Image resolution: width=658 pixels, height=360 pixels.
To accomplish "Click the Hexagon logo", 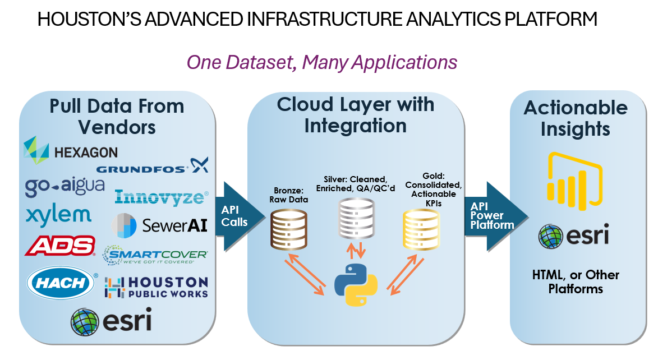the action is (x=71, y=150).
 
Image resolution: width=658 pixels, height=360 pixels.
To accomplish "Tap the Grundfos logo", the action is (x=153, y=166).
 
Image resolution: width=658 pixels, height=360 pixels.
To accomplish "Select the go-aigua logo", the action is (x=65, y=186).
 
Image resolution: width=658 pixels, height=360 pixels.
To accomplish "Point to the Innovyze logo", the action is (x=162, y=197).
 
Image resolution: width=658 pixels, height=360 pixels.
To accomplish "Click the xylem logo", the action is (x=58, y=216).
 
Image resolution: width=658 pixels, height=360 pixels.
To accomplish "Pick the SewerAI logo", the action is (x=159, y=225).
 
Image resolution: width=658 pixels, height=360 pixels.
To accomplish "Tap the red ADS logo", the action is (x=60, y=246).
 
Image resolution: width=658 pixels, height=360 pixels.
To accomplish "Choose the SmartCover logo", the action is (x=155, y=255).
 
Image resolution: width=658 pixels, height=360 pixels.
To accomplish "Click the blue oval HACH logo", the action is (x=61, y=283).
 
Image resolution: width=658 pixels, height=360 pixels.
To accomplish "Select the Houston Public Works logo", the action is (x=156, y=288).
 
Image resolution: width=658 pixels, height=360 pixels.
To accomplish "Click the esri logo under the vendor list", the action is (x=111, y=321).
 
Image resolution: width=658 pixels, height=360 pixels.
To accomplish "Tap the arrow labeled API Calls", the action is (x=240, y=216).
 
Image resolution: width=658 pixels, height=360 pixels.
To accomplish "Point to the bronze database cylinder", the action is (x=289, y=230).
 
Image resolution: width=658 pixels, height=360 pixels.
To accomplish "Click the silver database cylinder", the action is (x=356, y=219).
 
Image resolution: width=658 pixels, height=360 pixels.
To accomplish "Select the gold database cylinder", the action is (x=421, y=229).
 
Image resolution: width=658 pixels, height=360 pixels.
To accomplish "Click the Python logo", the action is (x=356, y=285).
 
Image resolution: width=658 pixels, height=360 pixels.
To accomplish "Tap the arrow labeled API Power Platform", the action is (x=496, y=216).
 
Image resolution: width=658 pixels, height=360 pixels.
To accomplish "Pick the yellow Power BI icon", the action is (x=575, y=181).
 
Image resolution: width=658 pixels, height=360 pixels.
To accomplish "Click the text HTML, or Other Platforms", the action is (x=576, y=281).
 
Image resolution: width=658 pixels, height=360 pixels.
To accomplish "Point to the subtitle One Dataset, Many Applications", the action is (x=322, y=62).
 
